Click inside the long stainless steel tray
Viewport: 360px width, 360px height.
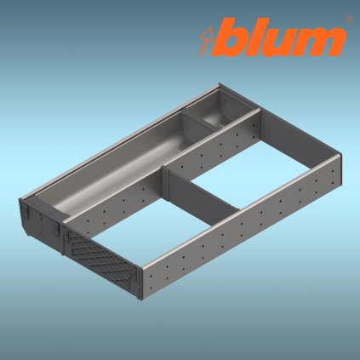[x=128, y=162]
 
